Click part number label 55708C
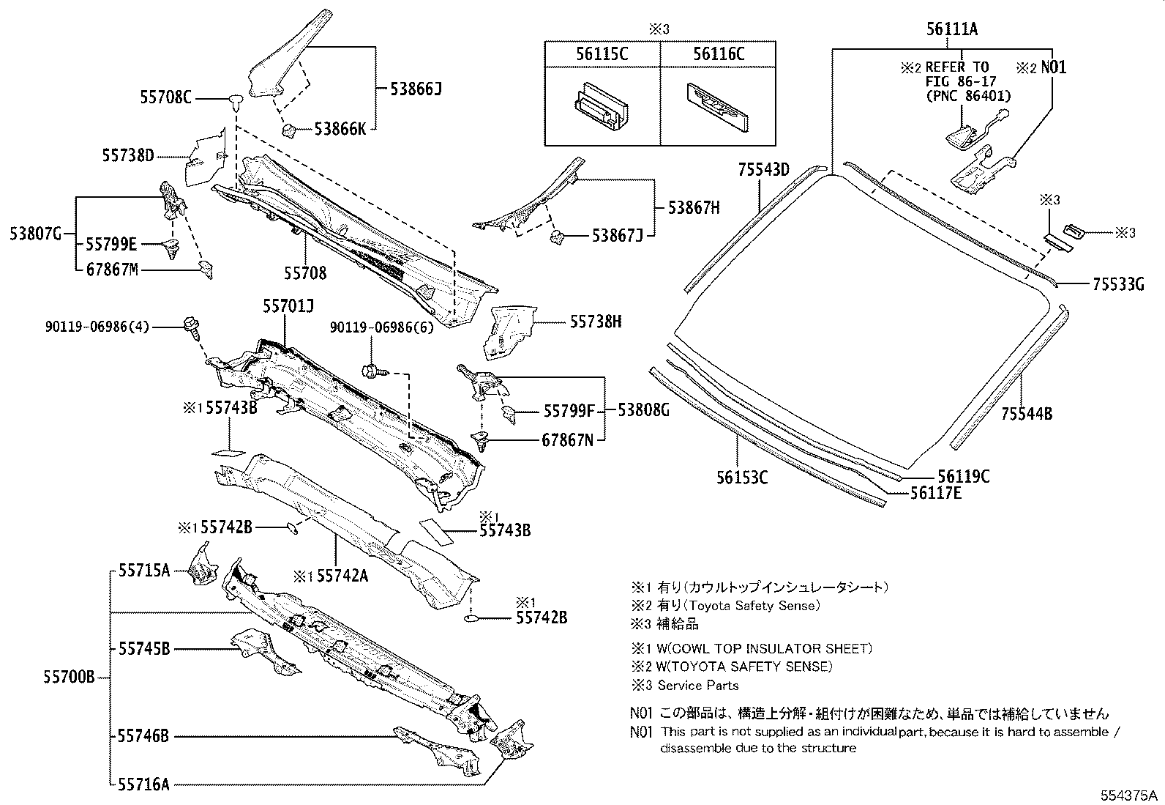point(165,96)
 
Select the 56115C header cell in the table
point(602,53)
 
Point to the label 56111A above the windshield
point(951,29)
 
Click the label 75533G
point(1117,284)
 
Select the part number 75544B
point(1027,414)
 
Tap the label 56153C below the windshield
point(742,478)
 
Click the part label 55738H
point(596,321)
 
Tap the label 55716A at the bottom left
point(143,784)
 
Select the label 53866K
point(340,130)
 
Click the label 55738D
point(129,155)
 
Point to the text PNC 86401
point(968,96)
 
